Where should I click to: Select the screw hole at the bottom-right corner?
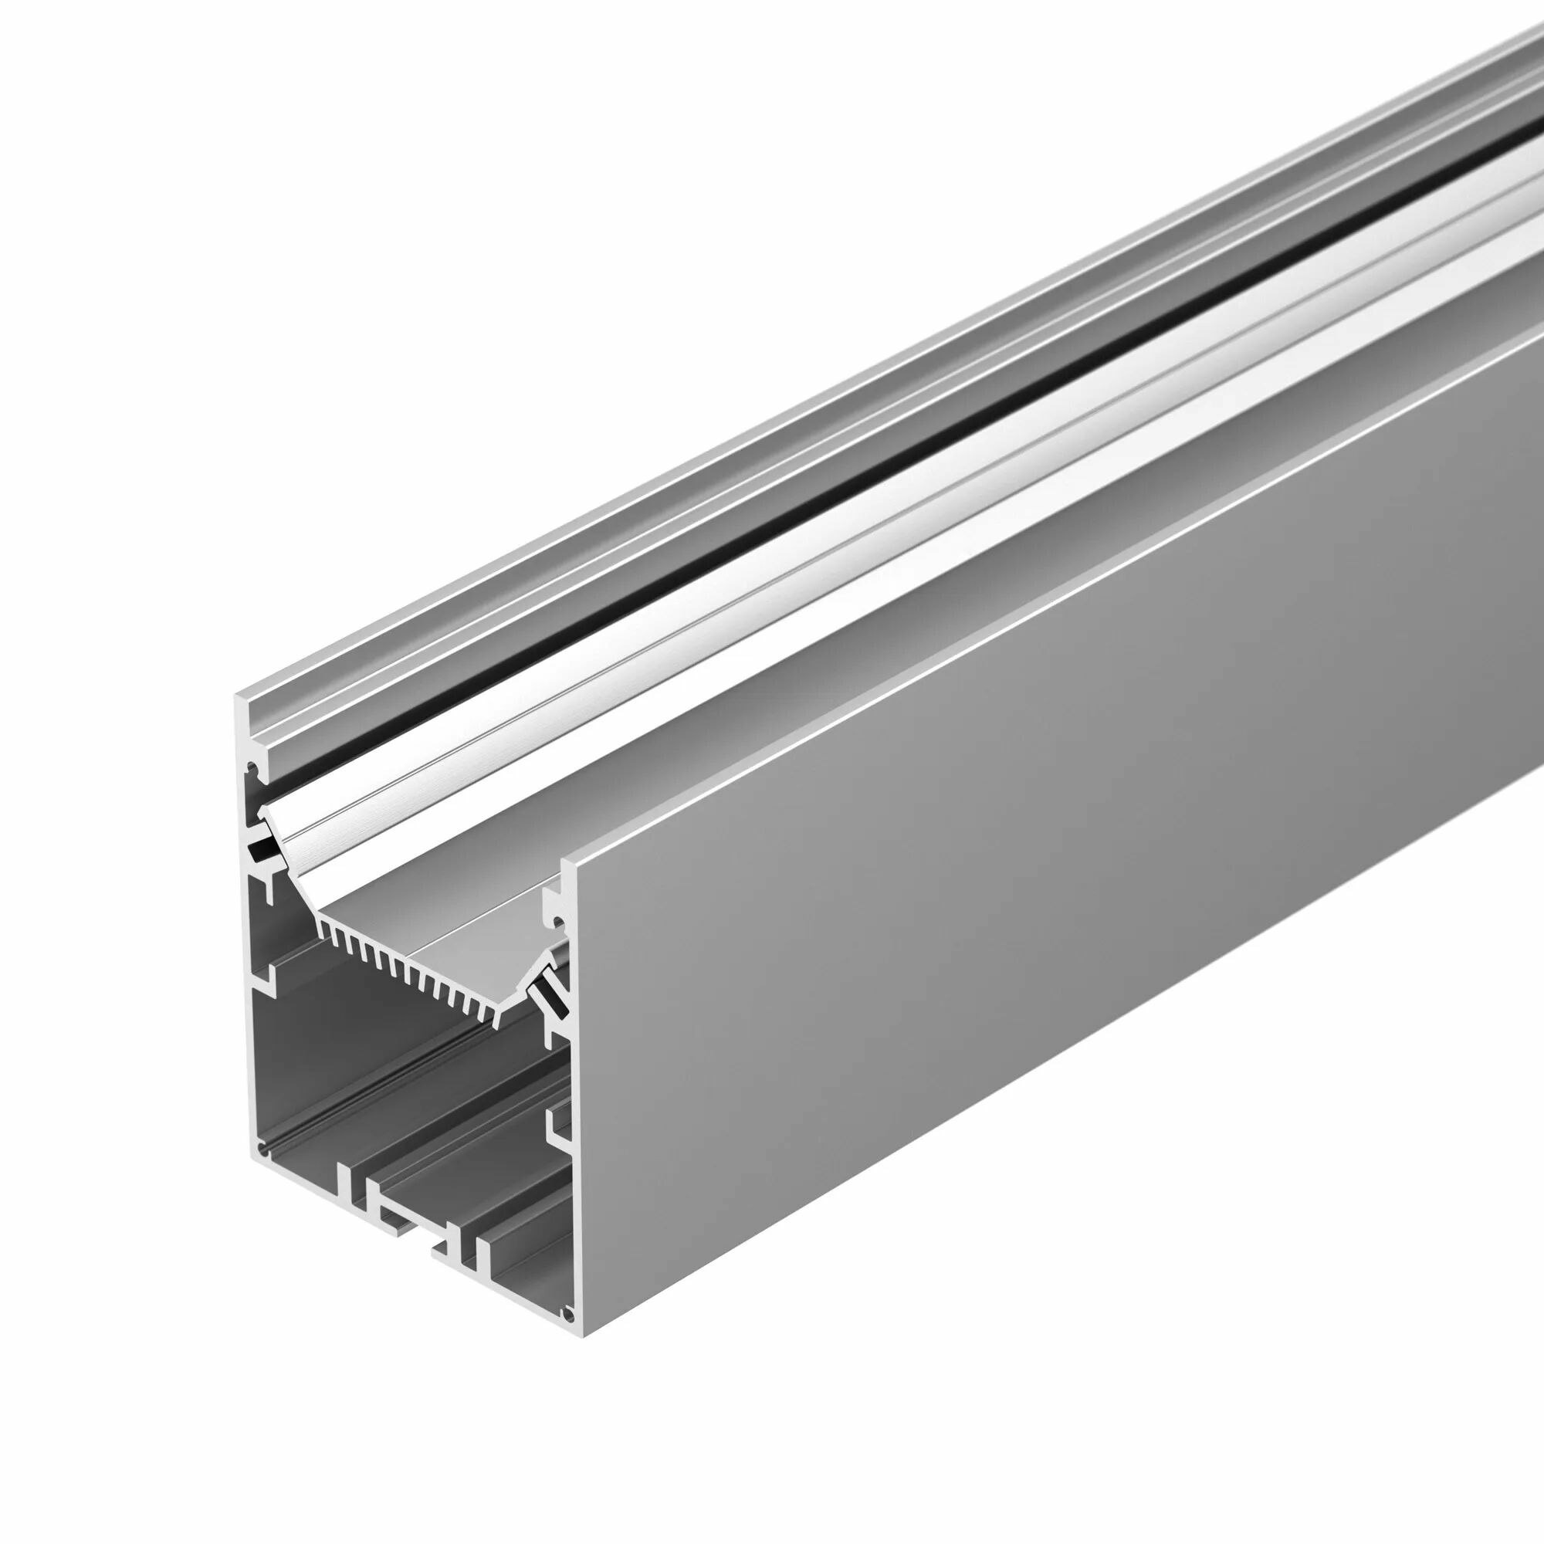tap(567, 1313)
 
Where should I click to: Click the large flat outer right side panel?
tap(1039, 919)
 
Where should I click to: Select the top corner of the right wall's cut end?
tap(564, 862)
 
